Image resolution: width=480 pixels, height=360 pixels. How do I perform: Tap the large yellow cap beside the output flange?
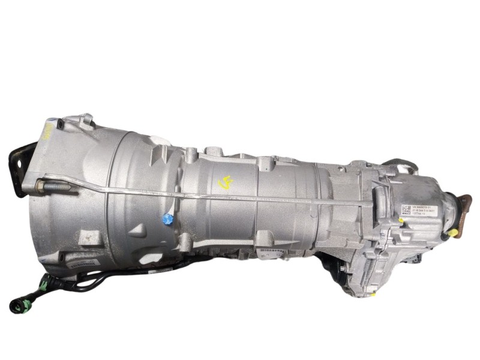point(455,231)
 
